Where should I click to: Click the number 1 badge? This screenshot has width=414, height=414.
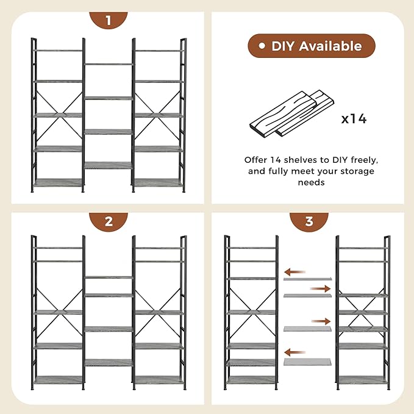(109, 21)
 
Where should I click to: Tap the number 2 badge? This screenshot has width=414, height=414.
(109, 221)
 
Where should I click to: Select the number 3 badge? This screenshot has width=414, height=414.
(309, 221)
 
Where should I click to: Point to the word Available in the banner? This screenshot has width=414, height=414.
(333, 46)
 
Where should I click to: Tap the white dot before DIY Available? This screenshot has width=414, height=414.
(262, 46)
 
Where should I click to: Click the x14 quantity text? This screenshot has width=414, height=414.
(354, 118)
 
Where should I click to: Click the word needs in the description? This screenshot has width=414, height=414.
(311, 182)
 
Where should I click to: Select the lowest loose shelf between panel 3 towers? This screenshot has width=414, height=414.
(307, 362)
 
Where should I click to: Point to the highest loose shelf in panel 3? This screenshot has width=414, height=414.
(307, 279)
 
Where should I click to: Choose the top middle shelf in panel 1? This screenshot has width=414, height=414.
(109, 64)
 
